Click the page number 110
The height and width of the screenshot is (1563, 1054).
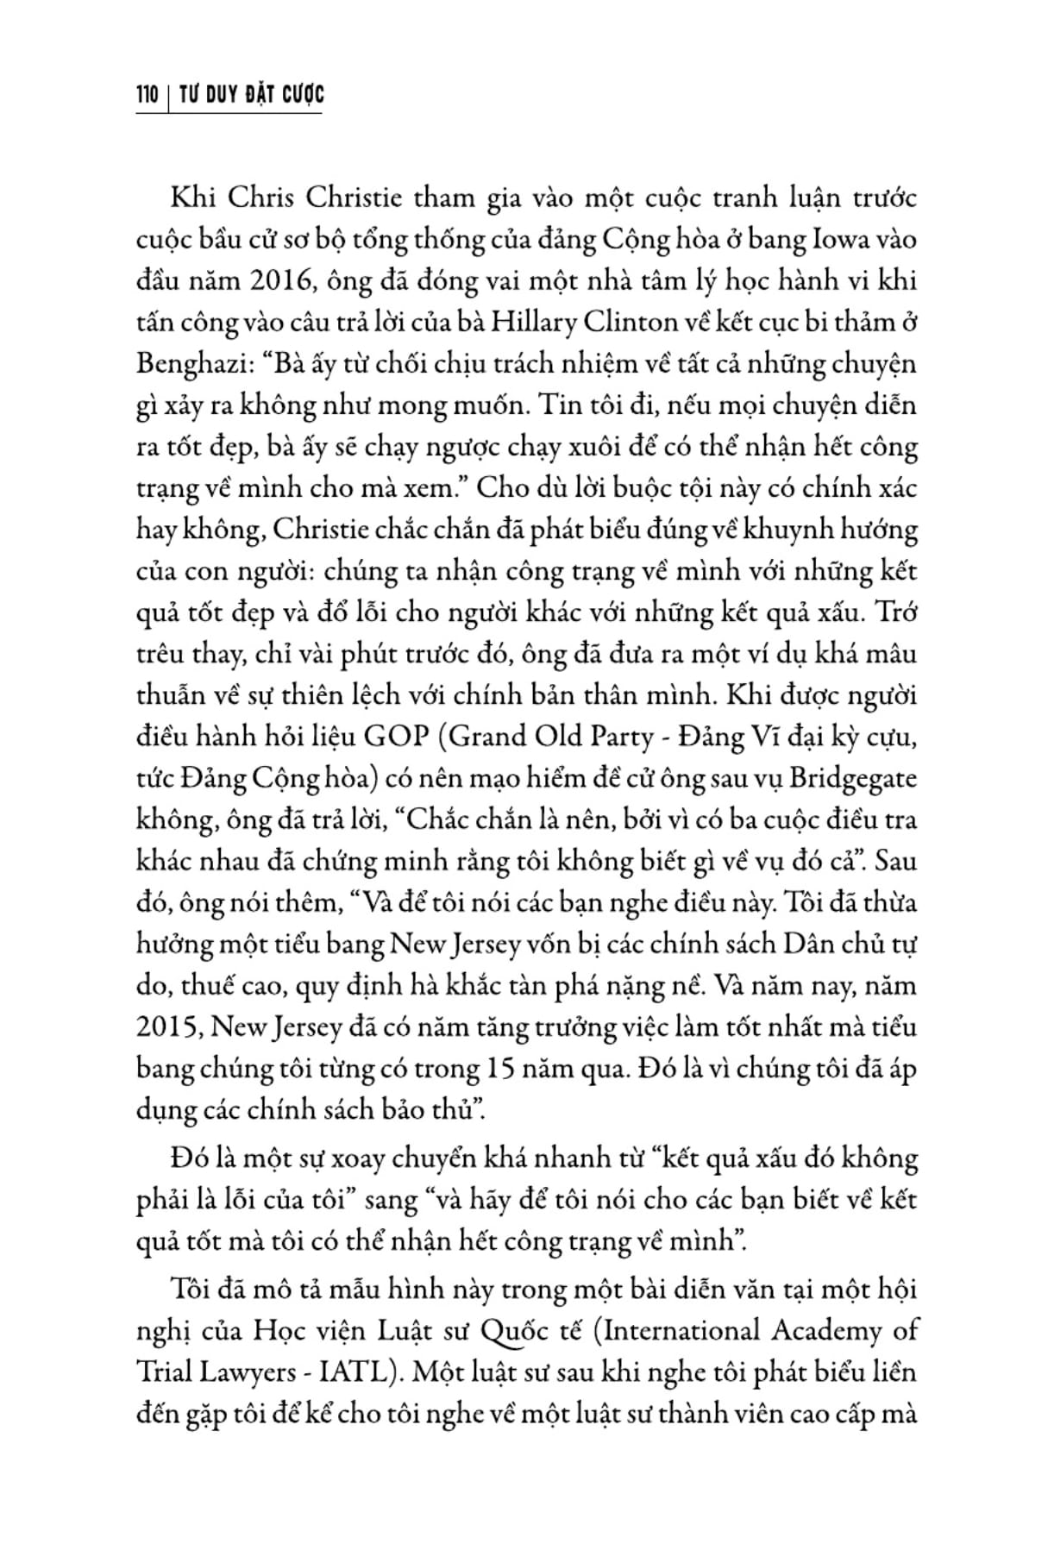coord(146,94)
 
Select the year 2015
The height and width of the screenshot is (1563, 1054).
coord(169,1027)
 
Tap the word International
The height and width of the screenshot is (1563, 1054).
coord(685,1330)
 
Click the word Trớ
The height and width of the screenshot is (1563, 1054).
coord(897,612)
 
